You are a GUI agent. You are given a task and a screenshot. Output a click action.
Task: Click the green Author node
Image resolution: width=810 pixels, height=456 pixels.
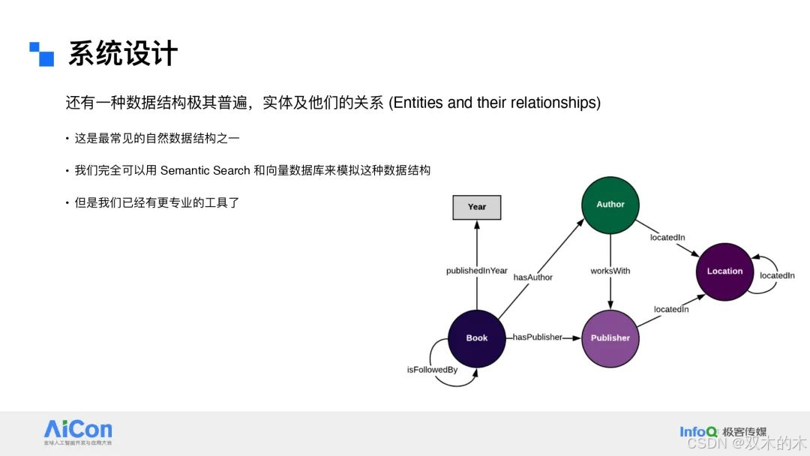[610, 205]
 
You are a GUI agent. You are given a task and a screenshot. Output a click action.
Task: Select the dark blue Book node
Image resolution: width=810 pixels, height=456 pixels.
[477, 338]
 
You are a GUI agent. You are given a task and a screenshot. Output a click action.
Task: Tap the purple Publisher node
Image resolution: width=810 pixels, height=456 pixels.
[610, 338]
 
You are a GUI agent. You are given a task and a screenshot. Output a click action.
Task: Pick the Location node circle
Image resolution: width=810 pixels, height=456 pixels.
[724, 271]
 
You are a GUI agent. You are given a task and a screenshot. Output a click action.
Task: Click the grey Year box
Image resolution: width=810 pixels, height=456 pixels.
[477, 207]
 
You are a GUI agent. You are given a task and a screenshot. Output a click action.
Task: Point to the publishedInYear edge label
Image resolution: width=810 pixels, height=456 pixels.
[477, 271]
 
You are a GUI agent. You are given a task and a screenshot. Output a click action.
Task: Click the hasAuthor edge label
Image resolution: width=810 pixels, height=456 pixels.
[532, 277]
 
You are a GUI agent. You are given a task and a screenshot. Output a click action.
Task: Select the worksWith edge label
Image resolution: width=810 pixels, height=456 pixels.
[610, 271]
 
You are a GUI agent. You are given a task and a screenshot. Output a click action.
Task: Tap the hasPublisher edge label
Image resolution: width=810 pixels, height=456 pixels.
[537, 337]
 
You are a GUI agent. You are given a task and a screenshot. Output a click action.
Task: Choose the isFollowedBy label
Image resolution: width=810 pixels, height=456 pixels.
[432, 370]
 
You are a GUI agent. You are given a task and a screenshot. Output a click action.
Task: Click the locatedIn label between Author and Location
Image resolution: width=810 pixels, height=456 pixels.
[667, 238]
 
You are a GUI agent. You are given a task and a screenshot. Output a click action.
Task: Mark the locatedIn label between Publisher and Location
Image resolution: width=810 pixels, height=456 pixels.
[670, 309]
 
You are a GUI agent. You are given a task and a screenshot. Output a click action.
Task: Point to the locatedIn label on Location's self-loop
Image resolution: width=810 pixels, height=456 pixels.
[777, 276]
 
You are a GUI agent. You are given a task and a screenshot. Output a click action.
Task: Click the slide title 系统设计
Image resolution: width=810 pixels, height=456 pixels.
[123, 54]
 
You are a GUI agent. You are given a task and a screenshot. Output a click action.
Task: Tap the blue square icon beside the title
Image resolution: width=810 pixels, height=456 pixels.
[42, 54]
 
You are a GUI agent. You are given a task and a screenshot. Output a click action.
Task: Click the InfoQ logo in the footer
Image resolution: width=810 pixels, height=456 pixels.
[698, 431]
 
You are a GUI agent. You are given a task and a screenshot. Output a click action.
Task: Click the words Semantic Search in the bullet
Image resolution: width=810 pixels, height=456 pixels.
[205, 171]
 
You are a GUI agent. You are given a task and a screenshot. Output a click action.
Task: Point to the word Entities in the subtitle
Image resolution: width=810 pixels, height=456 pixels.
[418, 103]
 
